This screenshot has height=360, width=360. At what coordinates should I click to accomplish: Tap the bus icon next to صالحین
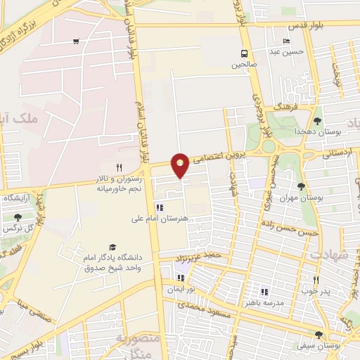coord(244,53)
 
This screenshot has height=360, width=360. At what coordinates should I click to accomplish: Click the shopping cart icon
coord(75,41)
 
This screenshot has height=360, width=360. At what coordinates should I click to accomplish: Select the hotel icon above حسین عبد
coord(286,41)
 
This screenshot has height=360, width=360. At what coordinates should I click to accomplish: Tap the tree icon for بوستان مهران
coord(302,186)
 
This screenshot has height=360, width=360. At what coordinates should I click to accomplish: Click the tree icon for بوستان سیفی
coord(319,335)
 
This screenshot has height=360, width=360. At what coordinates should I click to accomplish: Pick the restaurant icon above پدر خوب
coord(316,280)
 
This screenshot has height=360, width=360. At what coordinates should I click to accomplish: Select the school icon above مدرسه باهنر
coord(264,292)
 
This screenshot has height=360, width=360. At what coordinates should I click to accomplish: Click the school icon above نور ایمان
coord(181,278)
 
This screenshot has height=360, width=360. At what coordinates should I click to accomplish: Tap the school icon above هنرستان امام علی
coord(160,208)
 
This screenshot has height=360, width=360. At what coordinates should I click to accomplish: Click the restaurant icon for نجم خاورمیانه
coord(119,167)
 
